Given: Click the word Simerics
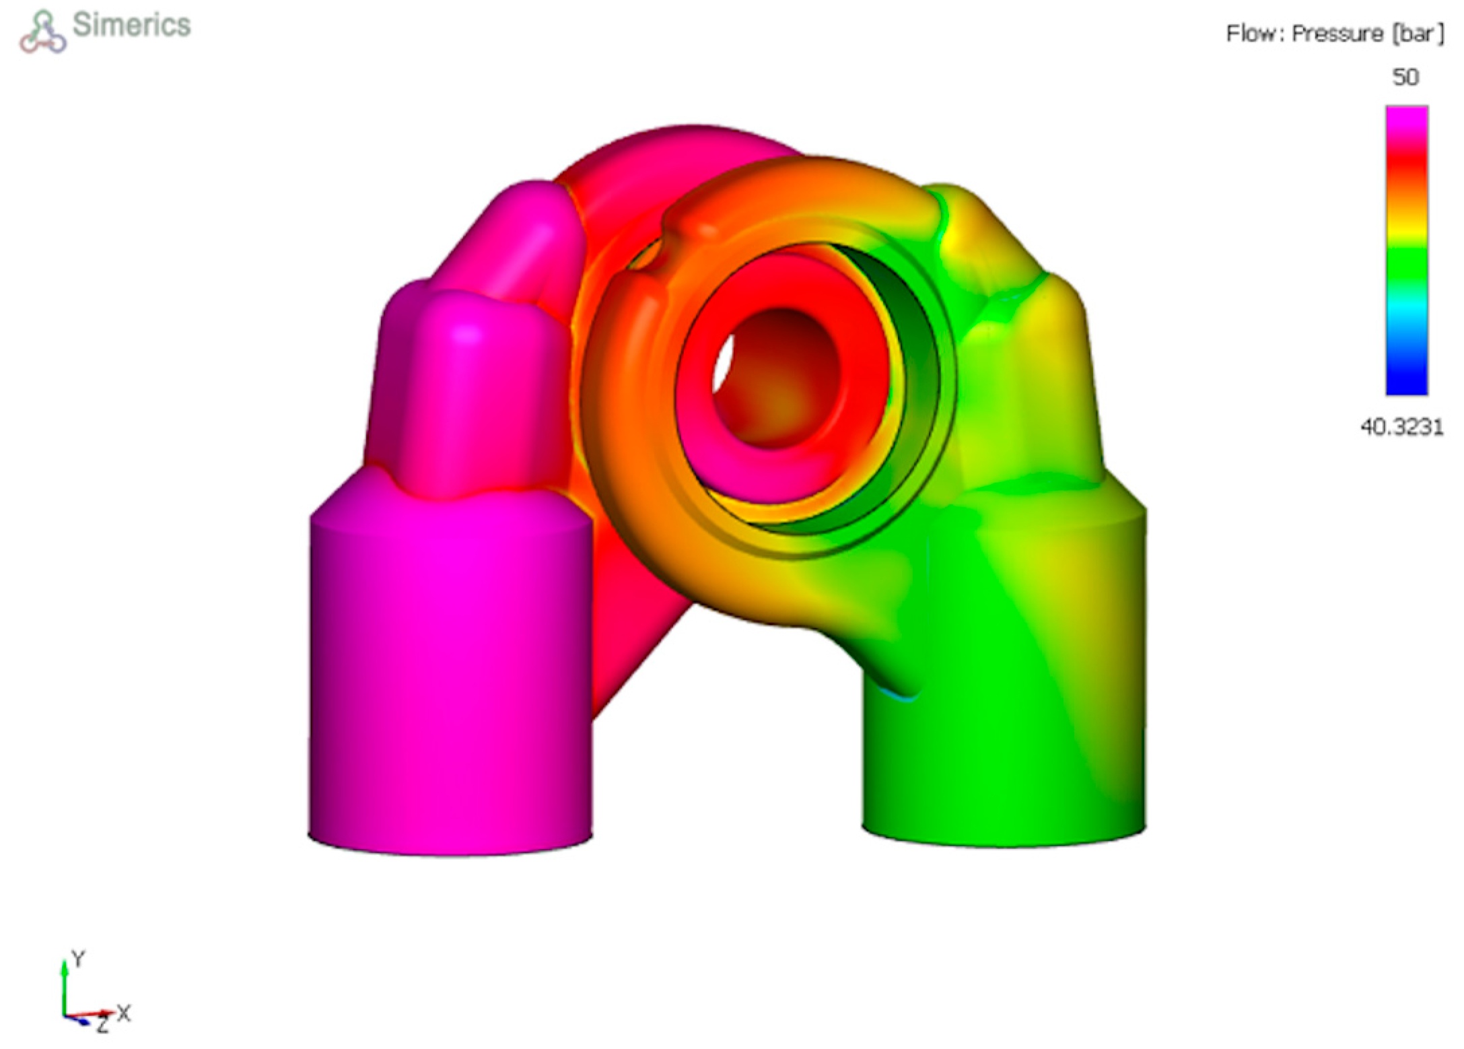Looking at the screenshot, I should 132,26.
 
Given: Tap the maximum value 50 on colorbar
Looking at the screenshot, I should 1405,77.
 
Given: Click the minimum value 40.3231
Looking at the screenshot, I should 1402,427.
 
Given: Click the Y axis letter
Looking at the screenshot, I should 79,959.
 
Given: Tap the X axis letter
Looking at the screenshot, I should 124,1013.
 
